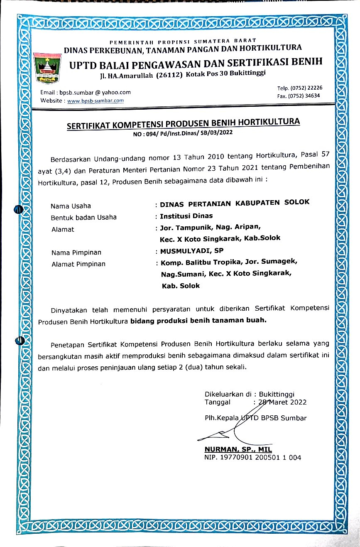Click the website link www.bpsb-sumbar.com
pyautogui.click(x=96, y=101)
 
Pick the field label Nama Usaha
pyautogui.click(x=71, y=206)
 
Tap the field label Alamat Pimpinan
pyautogui.click(x=78, y=264)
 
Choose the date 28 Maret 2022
pyautogui.click(x=283, y=402)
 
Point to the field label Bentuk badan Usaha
pyautogui.click(x=83, y=217)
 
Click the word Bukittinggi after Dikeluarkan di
pyautogui.click(x=279, y=394)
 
